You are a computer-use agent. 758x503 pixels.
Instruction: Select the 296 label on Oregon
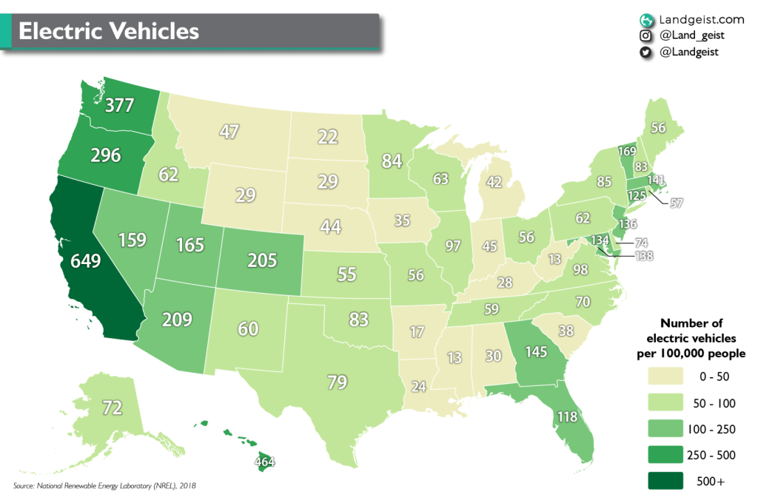[106, 155]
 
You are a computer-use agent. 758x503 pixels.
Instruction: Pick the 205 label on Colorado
[262, 260]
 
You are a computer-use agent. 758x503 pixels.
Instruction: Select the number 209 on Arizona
[177, 320]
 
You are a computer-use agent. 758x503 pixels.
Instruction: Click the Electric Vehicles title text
[109, 31]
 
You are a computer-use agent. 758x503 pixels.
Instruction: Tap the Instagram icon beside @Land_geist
[645, 35]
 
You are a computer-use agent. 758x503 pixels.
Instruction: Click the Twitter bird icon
[645, 52]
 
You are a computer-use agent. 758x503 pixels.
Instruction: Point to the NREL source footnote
[104, 485]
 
